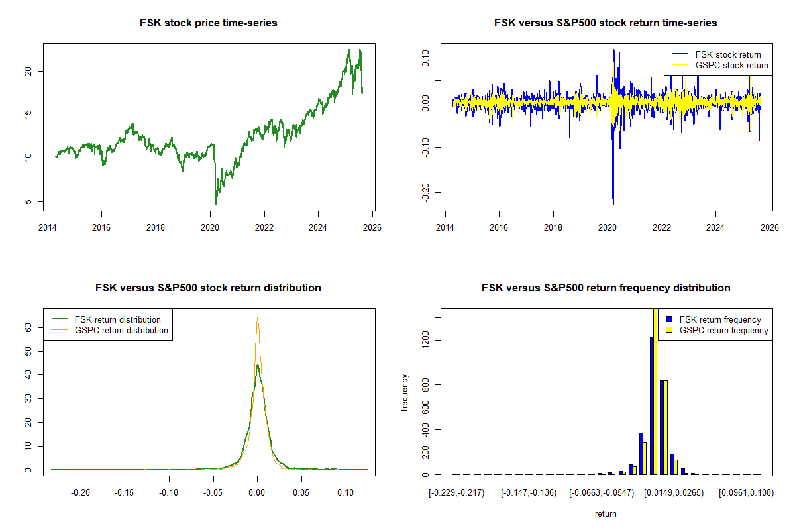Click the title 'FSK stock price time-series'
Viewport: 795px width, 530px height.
click(208, 23)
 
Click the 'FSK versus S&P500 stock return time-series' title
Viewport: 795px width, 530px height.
click(606, 23)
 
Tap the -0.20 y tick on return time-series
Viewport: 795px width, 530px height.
click(426, 191)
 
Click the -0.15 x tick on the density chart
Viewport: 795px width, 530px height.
click(125, 492)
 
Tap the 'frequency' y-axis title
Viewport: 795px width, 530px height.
click(405, 393)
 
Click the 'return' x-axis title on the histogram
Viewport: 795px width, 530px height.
click(606, 513)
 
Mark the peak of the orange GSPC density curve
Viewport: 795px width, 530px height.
click(257, 318)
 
